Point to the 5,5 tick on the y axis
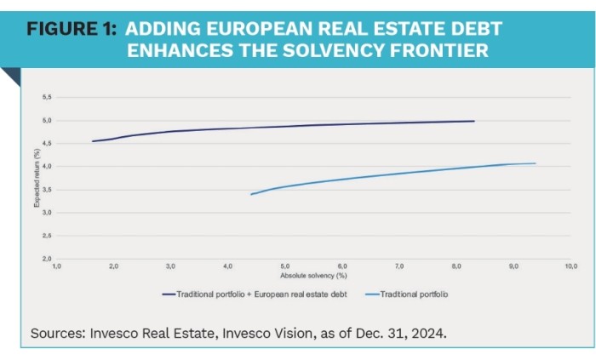[47, 98]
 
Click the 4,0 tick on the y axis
[47, 167]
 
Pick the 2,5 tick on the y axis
[47, 235]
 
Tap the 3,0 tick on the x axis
[170, 267]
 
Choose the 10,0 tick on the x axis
[570, 267]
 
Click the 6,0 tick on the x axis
[342, 267]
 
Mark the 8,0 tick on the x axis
[456, 267]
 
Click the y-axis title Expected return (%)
[37, 179]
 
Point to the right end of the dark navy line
[473, 121]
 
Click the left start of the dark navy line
[93, 141]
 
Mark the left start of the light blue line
[251, 194]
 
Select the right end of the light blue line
[535, 163]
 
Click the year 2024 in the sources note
[428, 334]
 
